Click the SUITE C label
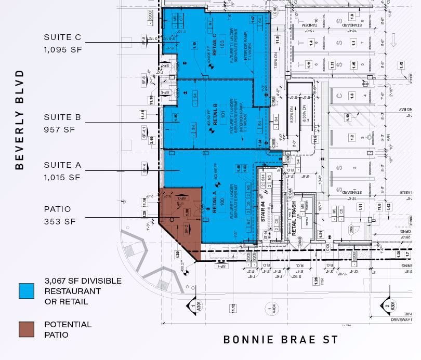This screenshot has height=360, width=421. [62, 37]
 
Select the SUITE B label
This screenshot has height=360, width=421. [62, 117]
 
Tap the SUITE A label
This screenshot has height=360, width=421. [62, 165]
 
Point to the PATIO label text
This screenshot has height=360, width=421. [57, 209]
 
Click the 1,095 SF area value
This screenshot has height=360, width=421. [63, 49]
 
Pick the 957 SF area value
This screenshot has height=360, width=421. [59, 129]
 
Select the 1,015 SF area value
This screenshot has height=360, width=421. [63, 177]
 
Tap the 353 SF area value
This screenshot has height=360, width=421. [59, 221]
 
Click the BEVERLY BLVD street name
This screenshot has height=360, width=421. [20, 120]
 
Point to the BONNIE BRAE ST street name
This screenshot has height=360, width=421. [281, 340]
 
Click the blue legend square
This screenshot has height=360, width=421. [25, 291]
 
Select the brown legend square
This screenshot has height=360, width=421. [25, 330]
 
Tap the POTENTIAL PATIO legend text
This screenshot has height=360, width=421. [68, 330]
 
